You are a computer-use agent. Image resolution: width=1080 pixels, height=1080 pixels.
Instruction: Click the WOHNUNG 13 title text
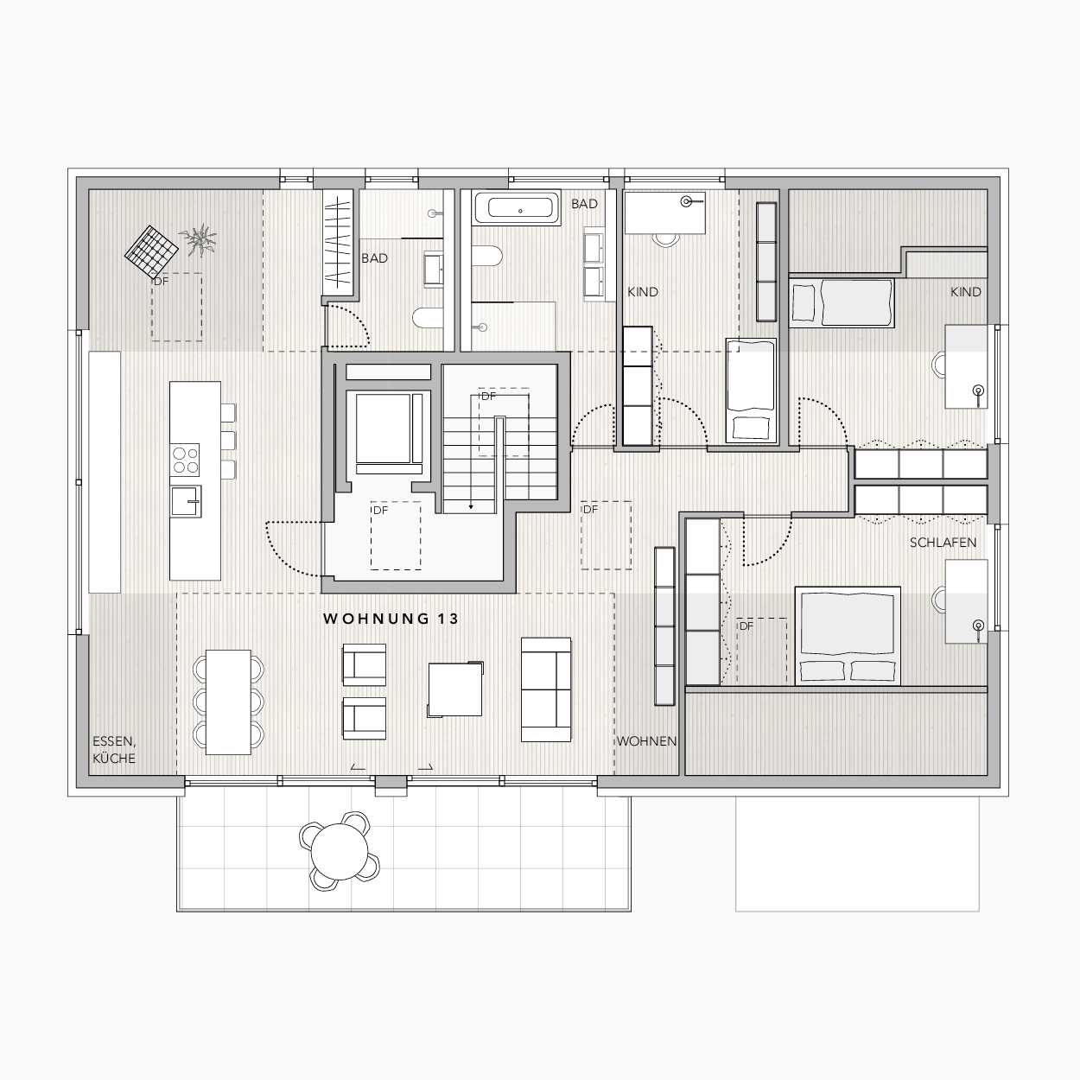pos(391,619)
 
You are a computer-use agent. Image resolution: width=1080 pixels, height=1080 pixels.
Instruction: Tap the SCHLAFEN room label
pos(943,543)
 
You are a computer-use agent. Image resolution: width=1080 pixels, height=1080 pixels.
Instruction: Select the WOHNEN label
pos(646,741)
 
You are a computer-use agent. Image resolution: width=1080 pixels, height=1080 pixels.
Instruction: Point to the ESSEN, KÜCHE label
pos(114,749)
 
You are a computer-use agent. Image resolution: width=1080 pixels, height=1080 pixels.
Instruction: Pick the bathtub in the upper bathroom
pos(516,208)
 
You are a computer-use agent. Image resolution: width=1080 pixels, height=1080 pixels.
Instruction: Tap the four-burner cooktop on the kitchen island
pos(186,461)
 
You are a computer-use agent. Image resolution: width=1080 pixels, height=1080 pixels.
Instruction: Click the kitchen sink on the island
pos(186,501)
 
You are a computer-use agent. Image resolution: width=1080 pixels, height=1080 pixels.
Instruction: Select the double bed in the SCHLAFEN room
pos(848,636)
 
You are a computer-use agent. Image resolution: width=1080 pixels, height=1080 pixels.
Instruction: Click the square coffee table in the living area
pos(455,689)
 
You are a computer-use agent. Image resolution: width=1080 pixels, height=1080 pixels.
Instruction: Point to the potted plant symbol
pos(197,240)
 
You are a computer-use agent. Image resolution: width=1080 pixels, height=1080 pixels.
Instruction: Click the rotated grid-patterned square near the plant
pos(150,251)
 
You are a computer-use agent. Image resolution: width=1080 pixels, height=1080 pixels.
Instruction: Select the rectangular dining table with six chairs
pos(228,702)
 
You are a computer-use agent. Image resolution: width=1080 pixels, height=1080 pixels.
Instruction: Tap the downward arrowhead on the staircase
pos(472,506)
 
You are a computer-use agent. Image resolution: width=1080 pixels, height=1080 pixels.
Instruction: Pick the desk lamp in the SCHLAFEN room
pos(979,628)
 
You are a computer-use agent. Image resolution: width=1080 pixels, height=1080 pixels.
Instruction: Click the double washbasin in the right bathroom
pos(594,264)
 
